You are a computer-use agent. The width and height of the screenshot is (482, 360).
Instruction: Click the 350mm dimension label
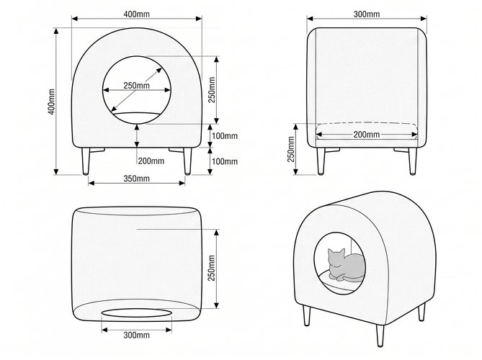[x=136, y=179]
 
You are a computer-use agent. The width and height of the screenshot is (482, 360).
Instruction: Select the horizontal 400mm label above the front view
[x=136, y=14]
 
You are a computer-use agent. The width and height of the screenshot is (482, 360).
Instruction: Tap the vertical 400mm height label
[x=52, y=102]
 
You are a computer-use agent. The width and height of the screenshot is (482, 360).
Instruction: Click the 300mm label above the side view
[x=367, y=14]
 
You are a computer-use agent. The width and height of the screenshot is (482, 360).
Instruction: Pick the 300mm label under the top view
[x=136, y=335]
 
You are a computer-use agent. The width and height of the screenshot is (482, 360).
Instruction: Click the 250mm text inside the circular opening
[x=136, y=86]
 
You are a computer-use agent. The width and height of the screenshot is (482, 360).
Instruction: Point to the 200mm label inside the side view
[x=367, y=135]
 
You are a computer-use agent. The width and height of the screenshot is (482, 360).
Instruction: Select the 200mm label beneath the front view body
[x=151, y=161]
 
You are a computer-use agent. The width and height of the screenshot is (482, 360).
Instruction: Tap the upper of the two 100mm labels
[x=225, y=136]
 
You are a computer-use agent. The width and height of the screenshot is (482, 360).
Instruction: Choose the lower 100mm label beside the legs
[x=225, y=161]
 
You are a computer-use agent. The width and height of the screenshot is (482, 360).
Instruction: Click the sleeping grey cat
[x=346, y=265]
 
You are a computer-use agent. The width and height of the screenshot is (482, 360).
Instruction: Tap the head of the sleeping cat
[x=336, y=258]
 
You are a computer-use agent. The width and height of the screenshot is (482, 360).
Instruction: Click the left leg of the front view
[x=86, y=161]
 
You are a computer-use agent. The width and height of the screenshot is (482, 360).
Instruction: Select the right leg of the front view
[x=187, y=161]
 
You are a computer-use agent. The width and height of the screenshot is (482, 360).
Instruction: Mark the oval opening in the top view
[x=136, y=313]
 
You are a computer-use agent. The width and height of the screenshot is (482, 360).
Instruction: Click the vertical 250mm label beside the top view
[x=212, y=268]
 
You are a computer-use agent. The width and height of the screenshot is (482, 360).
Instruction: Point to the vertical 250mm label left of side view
[x=291, y=149]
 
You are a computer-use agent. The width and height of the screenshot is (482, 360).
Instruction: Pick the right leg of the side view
[x=413, y=161]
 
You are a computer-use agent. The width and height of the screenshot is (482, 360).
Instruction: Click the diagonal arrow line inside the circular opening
[x=136, y=89]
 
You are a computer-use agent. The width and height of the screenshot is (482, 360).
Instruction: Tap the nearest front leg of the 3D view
[x=380, y=336]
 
